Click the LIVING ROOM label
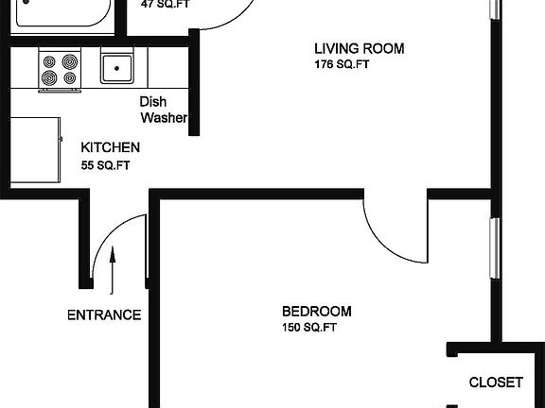point(359,49)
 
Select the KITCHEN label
point(111,148)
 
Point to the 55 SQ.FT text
point(105,165)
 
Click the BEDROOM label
point(317,312)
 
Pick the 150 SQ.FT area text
point(309,329)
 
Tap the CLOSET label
point(496,382)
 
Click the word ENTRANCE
point(104,315)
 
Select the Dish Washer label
point(163,110)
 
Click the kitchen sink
point(118,68)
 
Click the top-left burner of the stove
point(50,62)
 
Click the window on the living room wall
point(492,9)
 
